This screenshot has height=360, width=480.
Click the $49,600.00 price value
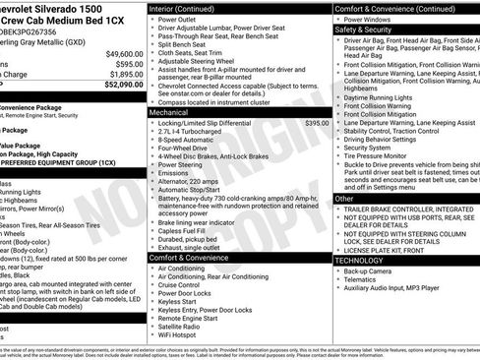[125, 53]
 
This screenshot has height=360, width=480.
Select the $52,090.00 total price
[125, 85]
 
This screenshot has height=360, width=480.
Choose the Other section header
[345, 199]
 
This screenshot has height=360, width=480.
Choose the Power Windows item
[372, 19]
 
